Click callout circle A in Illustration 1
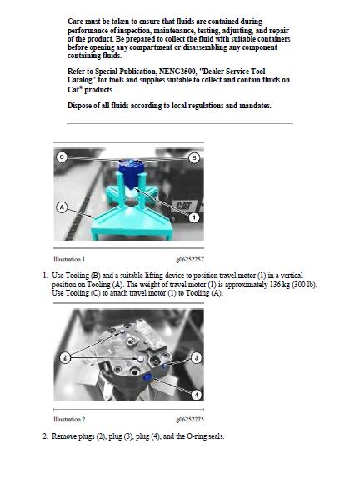click(x=62, y=207)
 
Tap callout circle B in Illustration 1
click(x=194, y=157)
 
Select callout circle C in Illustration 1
click(x=62, y=157)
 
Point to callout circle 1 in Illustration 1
click(x=194, y=217)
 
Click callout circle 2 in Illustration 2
click(x=65, y=357)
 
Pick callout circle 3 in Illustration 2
click(x=196, y=357)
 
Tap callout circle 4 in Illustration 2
click(x=196, y=395)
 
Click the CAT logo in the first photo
click(x=183, y=206)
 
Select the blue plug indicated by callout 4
click(x=147, y=377)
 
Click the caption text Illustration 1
click(x=69, y=259)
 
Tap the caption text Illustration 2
click(x=69, y=419)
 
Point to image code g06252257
click(x=190, y=260)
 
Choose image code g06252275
click(x=190, y=420)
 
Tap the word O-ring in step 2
click(x=196, y=436)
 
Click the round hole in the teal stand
click(x=132, y=202)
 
